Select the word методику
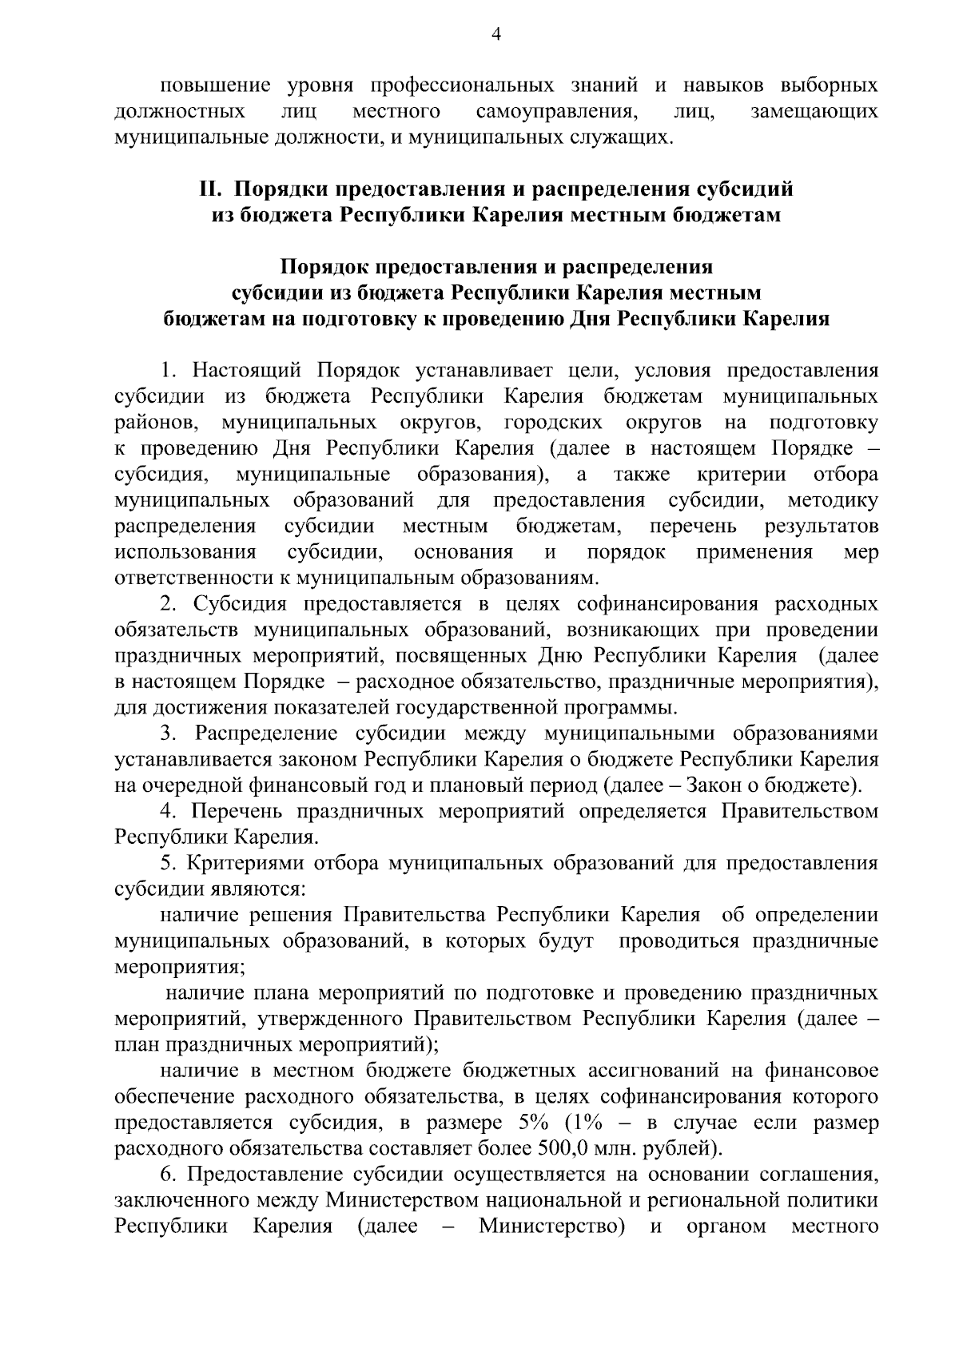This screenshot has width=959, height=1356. tap(833, 500)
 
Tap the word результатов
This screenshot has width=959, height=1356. tap(822, 527)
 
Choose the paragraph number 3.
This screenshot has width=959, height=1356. tap(168, 734)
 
